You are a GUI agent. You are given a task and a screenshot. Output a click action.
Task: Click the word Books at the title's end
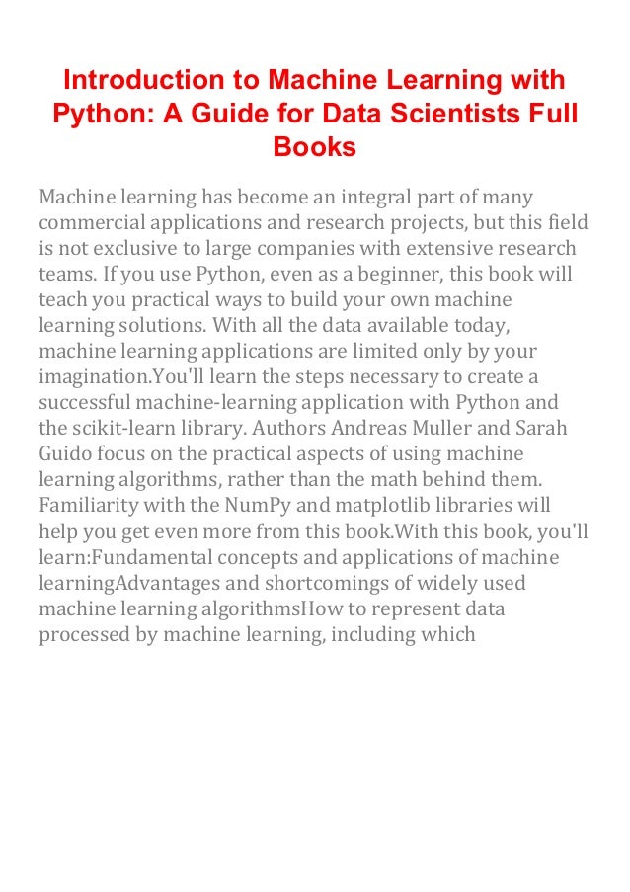pos(314,147)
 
